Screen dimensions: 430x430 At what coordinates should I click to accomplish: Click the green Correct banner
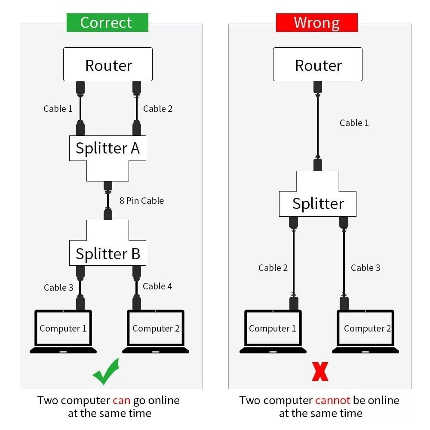(107, 22)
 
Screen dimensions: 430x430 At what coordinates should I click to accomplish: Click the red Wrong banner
(316, 22)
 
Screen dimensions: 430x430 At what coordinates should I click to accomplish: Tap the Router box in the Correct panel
(108, 64)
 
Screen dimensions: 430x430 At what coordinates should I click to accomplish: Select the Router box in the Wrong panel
(318, 64)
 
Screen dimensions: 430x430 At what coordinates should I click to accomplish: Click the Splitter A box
(107, 148)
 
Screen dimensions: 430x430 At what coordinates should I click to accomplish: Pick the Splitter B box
(107, 254)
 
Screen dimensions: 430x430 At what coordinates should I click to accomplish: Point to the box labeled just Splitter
(318, 203)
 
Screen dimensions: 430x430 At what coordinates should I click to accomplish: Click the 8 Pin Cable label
(141, 200)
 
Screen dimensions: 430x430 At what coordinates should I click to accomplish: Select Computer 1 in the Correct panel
(63, 329)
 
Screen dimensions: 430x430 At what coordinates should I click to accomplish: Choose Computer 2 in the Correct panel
(156, 329)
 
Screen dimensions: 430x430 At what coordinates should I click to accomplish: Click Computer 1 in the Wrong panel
(273, 329)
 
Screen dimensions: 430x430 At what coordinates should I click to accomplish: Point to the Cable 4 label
(157, 286)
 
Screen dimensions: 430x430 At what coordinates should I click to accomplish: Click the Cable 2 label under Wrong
(273, 268)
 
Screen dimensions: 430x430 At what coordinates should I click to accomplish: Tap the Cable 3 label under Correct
(58, 288)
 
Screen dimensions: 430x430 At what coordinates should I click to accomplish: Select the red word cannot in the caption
(332, 400)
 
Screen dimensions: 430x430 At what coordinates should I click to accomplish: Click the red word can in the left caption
(121, 400)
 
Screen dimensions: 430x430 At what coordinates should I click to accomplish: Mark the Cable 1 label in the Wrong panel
(354, 123)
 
